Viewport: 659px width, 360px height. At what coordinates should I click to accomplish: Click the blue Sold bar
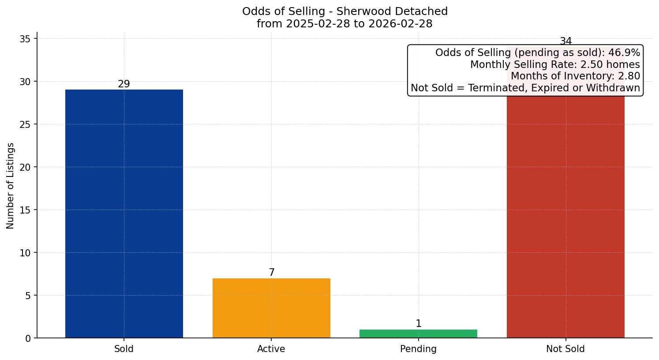click(x=124, y=214)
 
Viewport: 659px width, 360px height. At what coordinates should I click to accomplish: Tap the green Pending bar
click(x=418, y=334)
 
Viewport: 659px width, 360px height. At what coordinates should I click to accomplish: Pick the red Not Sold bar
click(x=565, y=216)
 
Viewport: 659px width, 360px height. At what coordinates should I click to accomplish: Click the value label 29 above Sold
click(x=124, y=84)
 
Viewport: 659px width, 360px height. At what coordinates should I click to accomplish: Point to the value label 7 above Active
click(x=272, y=273)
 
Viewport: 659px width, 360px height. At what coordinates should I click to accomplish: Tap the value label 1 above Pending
click(x=419, y=324)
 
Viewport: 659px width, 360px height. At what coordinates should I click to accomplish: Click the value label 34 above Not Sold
click(x=565, y=41)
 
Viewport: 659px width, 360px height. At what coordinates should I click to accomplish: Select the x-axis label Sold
click(x=124, y=349)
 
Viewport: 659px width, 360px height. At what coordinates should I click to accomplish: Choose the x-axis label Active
click(x=271, y=349)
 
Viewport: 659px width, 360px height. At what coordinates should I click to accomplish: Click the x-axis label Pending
click(x=418, y=349)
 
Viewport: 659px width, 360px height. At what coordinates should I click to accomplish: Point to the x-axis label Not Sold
click(x=565, y=349)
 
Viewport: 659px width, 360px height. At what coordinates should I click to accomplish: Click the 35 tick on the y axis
click(x=25, y=39)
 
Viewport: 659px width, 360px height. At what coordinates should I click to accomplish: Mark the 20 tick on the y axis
click(x=25, y=167)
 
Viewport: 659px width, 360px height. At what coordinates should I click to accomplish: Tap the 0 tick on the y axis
click(x=28, y=338)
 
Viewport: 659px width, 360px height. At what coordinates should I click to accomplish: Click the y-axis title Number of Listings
click(x=11, y=186)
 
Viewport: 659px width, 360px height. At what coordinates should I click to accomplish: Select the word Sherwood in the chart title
click(x=359, y=11)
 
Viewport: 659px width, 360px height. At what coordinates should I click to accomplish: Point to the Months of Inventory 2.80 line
click(x=575, y=76)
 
